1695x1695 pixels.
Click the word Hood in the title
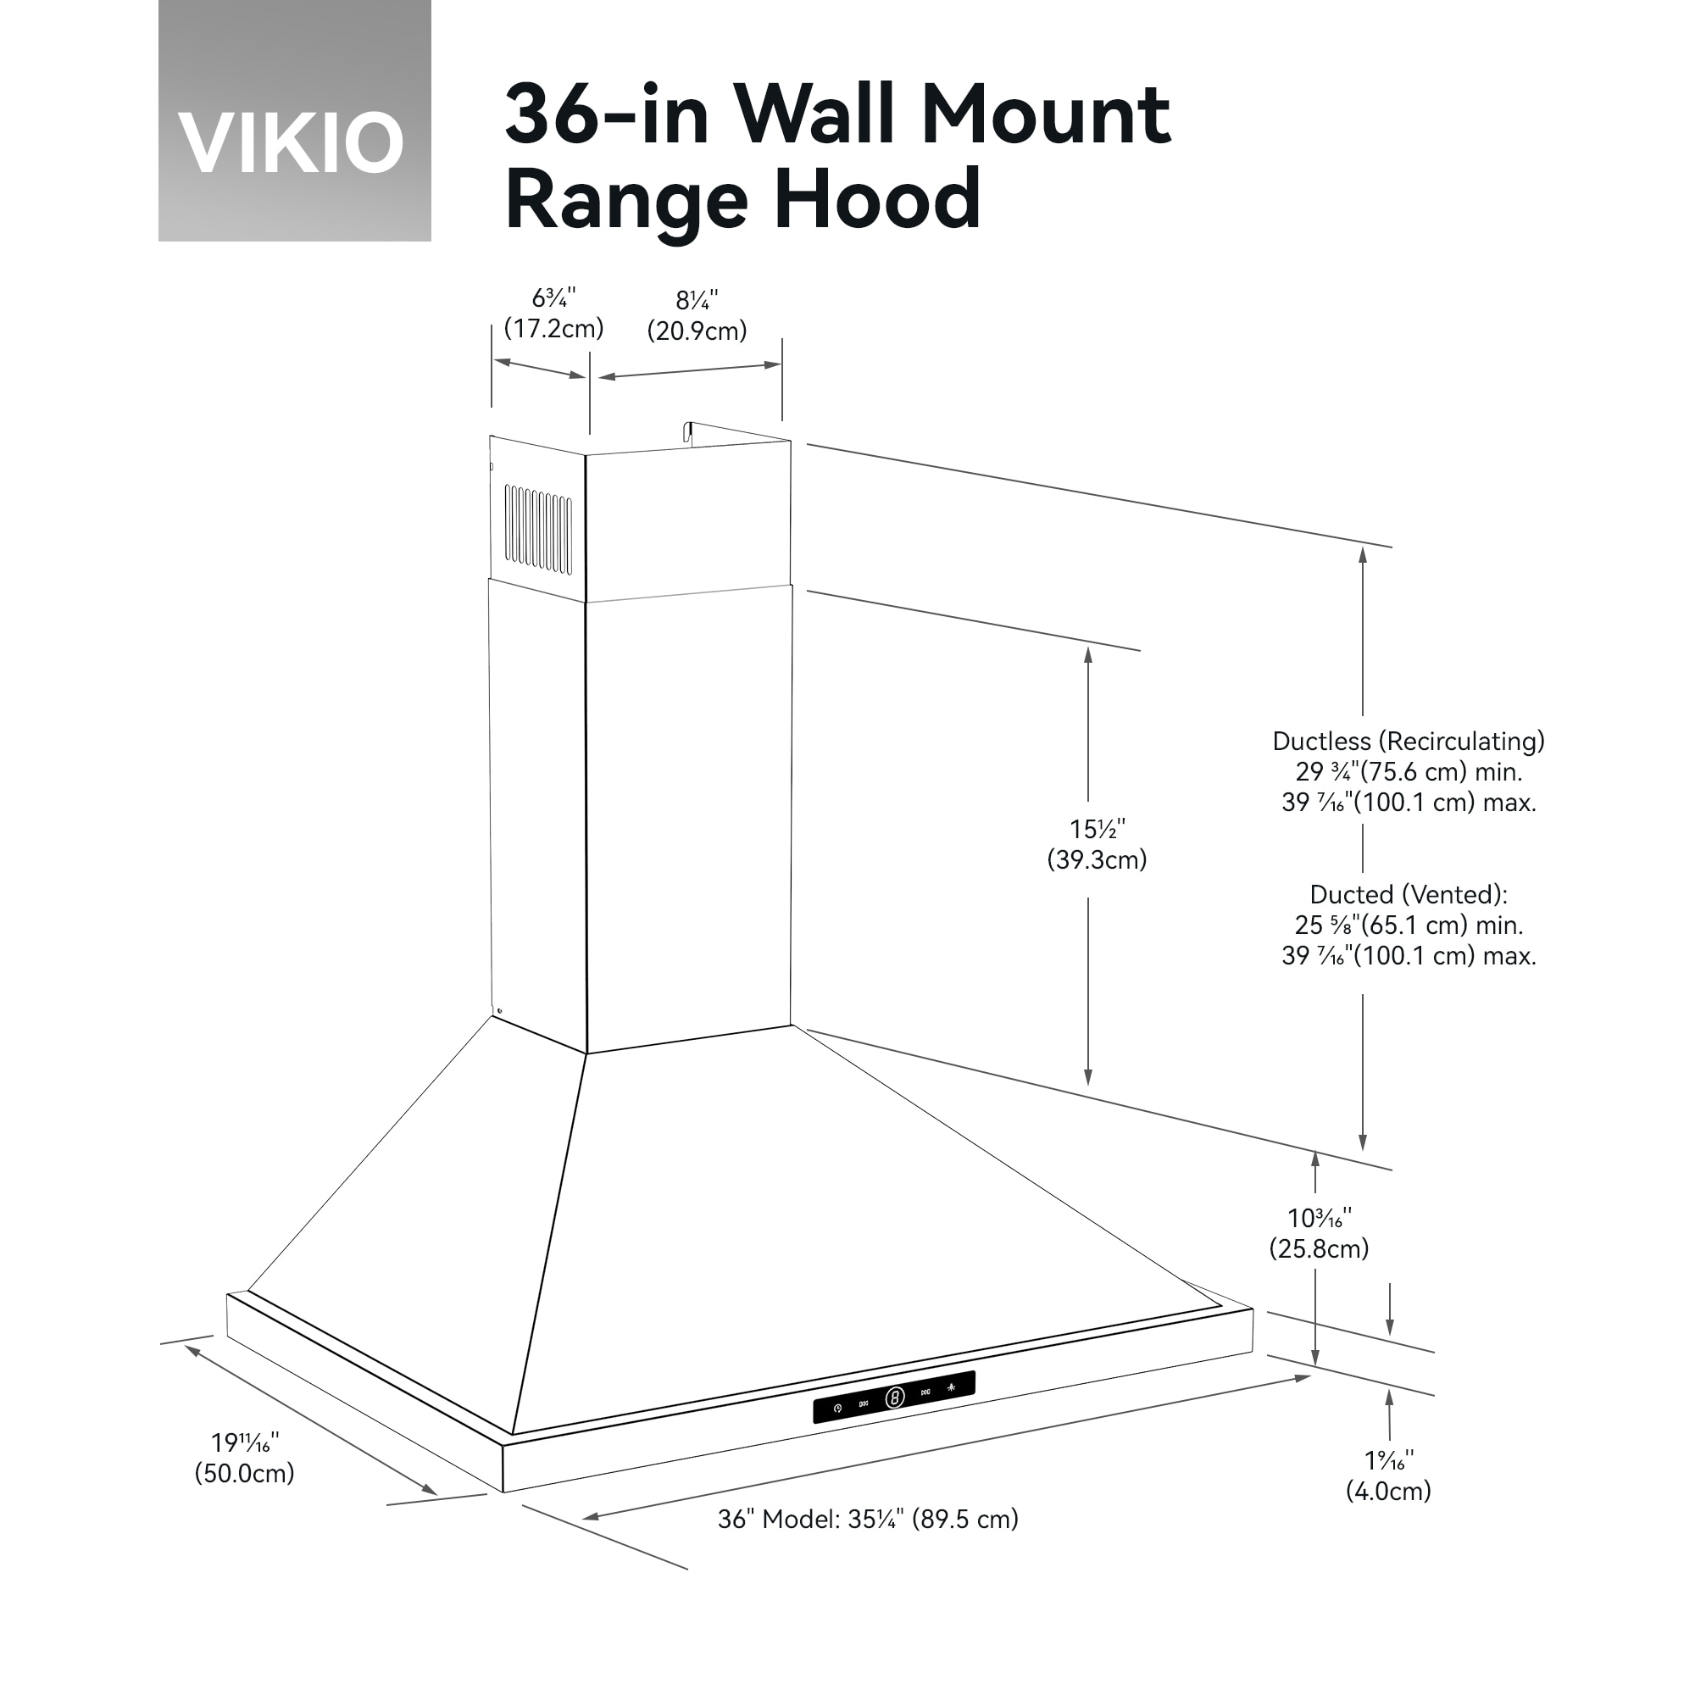coord(876,199)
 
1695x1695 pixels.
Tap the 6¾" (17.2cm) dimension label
coord(553,314)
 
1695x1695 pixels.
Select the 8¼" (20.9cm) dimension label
coord(697,316)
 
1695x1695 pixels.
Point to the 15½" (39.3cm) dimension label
coord(1097,844)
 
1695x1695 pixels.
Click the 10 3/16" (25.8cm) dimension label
coord(1319,1232)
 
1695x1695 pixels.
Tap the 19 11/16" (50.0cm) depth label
coord(244,1457)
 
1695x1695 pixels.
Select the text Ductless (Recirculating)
coord(1408,742)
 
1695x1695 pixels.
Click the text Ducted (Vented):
coord(1408,895)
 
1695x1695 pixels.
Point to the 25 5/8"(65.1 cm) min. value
coord(1408,925)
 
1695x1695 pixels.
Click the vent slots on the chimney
coord(538,530)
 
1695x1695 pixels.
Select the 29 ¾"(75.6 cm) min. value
coord(1408,772)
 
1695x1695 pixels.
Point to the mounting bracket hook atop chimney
coord(690,431)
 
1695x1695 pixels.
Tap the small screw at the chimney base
coord(499,1011)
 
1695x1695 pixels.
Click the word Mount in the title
coord(1045,114)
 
